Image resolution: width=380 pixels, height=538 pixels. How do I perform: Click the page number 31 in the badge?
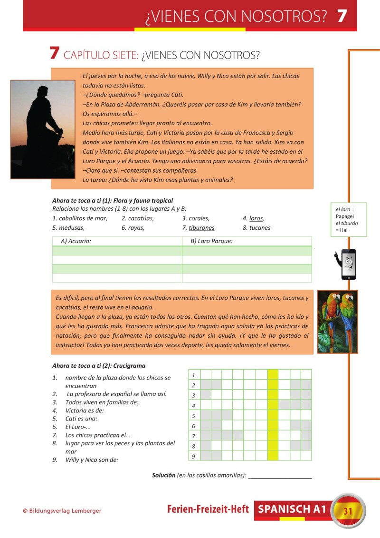click(x=348, y=511)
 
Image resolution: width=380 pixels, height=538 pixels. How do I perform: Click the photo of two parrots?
click(x=337, y=322)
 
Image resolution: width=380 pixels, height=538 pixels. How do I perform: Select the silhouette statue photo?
click(x=43, y=129)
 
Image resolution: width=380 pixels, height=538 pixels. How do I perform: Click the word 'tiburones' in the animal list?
click(x=201, y=228)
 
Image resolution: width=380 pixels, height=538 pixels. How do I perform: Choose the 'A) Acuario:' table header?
click(x=76, y=241)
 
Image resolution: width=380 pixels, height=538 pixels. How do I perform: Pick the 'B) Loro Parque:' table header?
click(x=211, y=241)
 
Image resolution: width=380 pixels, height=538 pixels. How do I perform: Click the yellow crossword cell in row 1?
click(x=273, y=374)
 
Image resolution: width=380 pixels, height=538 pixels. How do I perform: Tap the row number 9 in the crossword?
click(x=194, y=456)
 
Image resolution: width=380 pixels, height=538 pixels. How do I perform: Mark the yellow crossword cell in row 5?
click(x=273, y=415)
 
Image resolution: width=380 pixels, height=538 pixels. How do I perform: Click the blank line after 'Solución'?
click(x=280, y=475)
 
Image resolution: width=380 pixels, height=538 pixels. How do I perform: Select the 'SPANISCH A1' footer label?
click(x=292, y=509)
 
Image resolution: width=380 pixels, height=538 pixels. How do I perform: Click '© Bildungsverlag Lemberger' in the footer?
click(x=62, y=511)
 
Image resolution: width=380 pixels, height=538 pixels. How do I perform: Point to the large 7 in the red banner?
click(x=342, y=16)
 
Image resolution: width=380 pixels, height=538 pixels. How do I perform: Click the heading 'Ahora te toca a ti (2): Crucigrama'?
click(x=99, y=366)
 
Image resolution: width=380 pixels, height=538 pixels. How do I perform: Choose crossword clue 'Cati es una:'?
click(x=81, y=419)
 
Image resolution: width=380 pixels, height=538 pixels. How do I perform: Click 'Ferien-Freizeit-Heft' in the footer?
click(x=208, y=509)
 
